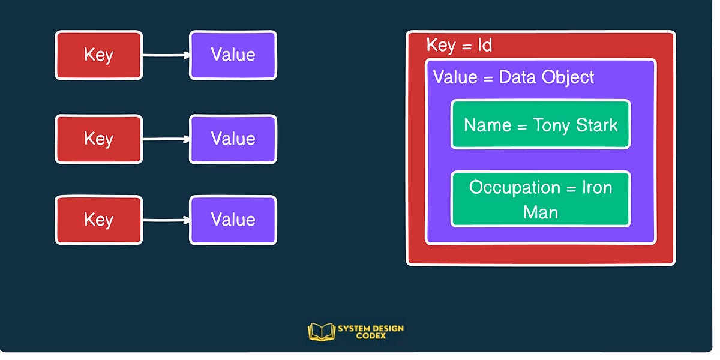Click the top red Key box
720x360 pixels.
pos(98,55)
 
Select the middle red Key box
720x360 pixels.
pos(98,139)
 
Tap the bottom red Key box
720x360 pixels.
pos(98,220)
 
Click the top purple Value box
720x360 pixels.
pos(233,55)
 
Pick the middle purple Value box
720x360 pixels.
pos(233,139)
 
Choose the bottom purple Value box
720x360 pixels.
pos(233,220)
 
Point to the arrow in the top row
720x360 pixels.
pos(166,56)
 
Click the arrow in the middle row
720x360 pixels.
pos(166,139)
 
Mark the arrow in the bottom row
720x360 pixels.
pos(166,220)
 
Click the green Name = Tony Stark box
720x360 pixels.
pos(541,125)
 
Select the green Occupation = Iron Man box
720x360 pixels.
pos(541,199)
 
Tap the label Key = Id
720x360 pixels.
pos(459,46)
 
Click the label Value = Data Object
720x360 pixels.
pos(514,77)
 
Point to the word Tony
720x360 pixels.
pos(552,125)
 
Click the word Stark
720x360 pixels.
pos(596,125)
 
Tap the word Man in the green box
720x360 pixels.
pos(541,212)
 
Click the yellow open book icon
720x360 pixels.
pos(320,332)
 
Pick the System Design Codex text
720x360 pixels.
pos(370,332)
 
